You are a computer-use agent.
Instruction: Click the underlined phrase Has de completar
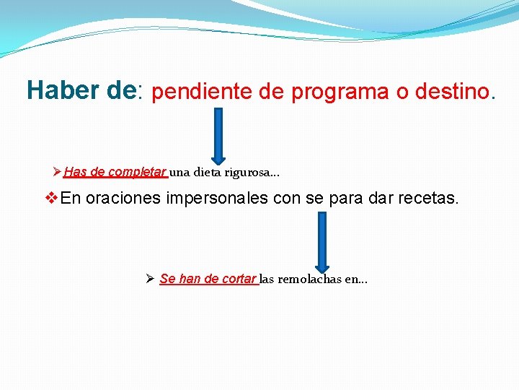115,172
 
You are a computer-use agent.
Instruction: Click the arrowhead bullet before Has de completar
58,172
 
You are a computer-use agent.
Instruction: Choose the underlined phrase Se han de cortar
208,279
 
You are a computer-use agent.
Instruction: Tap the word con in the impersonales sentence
287,198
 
